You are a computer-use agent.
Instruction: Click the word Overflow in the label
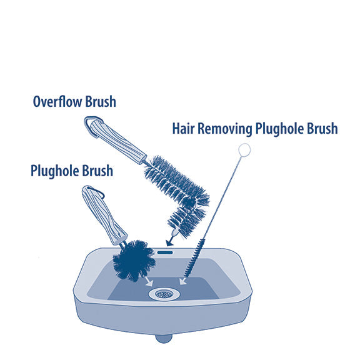click(58, 102)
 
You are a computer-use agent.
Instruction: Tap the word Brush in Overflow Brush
click(101, 101)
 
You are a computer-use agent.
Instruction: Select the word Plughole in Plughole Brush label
click(55, 171)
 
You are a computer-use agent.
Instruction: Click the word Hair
click(184, 128)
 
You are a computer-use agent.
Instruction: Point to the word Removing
click(225, 129)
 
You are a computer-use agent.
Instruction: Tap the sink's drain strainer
click(164, 294)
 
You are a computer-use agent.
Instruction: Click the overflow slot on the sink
click(165, 252)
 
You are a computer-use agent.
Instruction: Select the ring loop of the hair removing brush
click(244, 150)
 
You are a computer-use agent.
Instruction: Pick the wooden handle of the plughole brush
click(104, 216)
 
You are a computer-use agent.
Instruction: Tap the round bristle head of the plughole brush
click(134, 261)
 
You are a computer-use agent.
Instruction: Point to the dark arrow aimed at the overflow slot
click(171, 239)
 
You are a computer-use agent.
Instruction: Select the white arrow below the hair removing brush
click(183, 281)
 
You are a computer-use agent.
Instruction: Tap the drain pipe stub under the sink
click(164, 339)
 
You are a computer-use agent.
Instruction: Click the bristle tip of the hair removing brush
click(186, 275)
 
